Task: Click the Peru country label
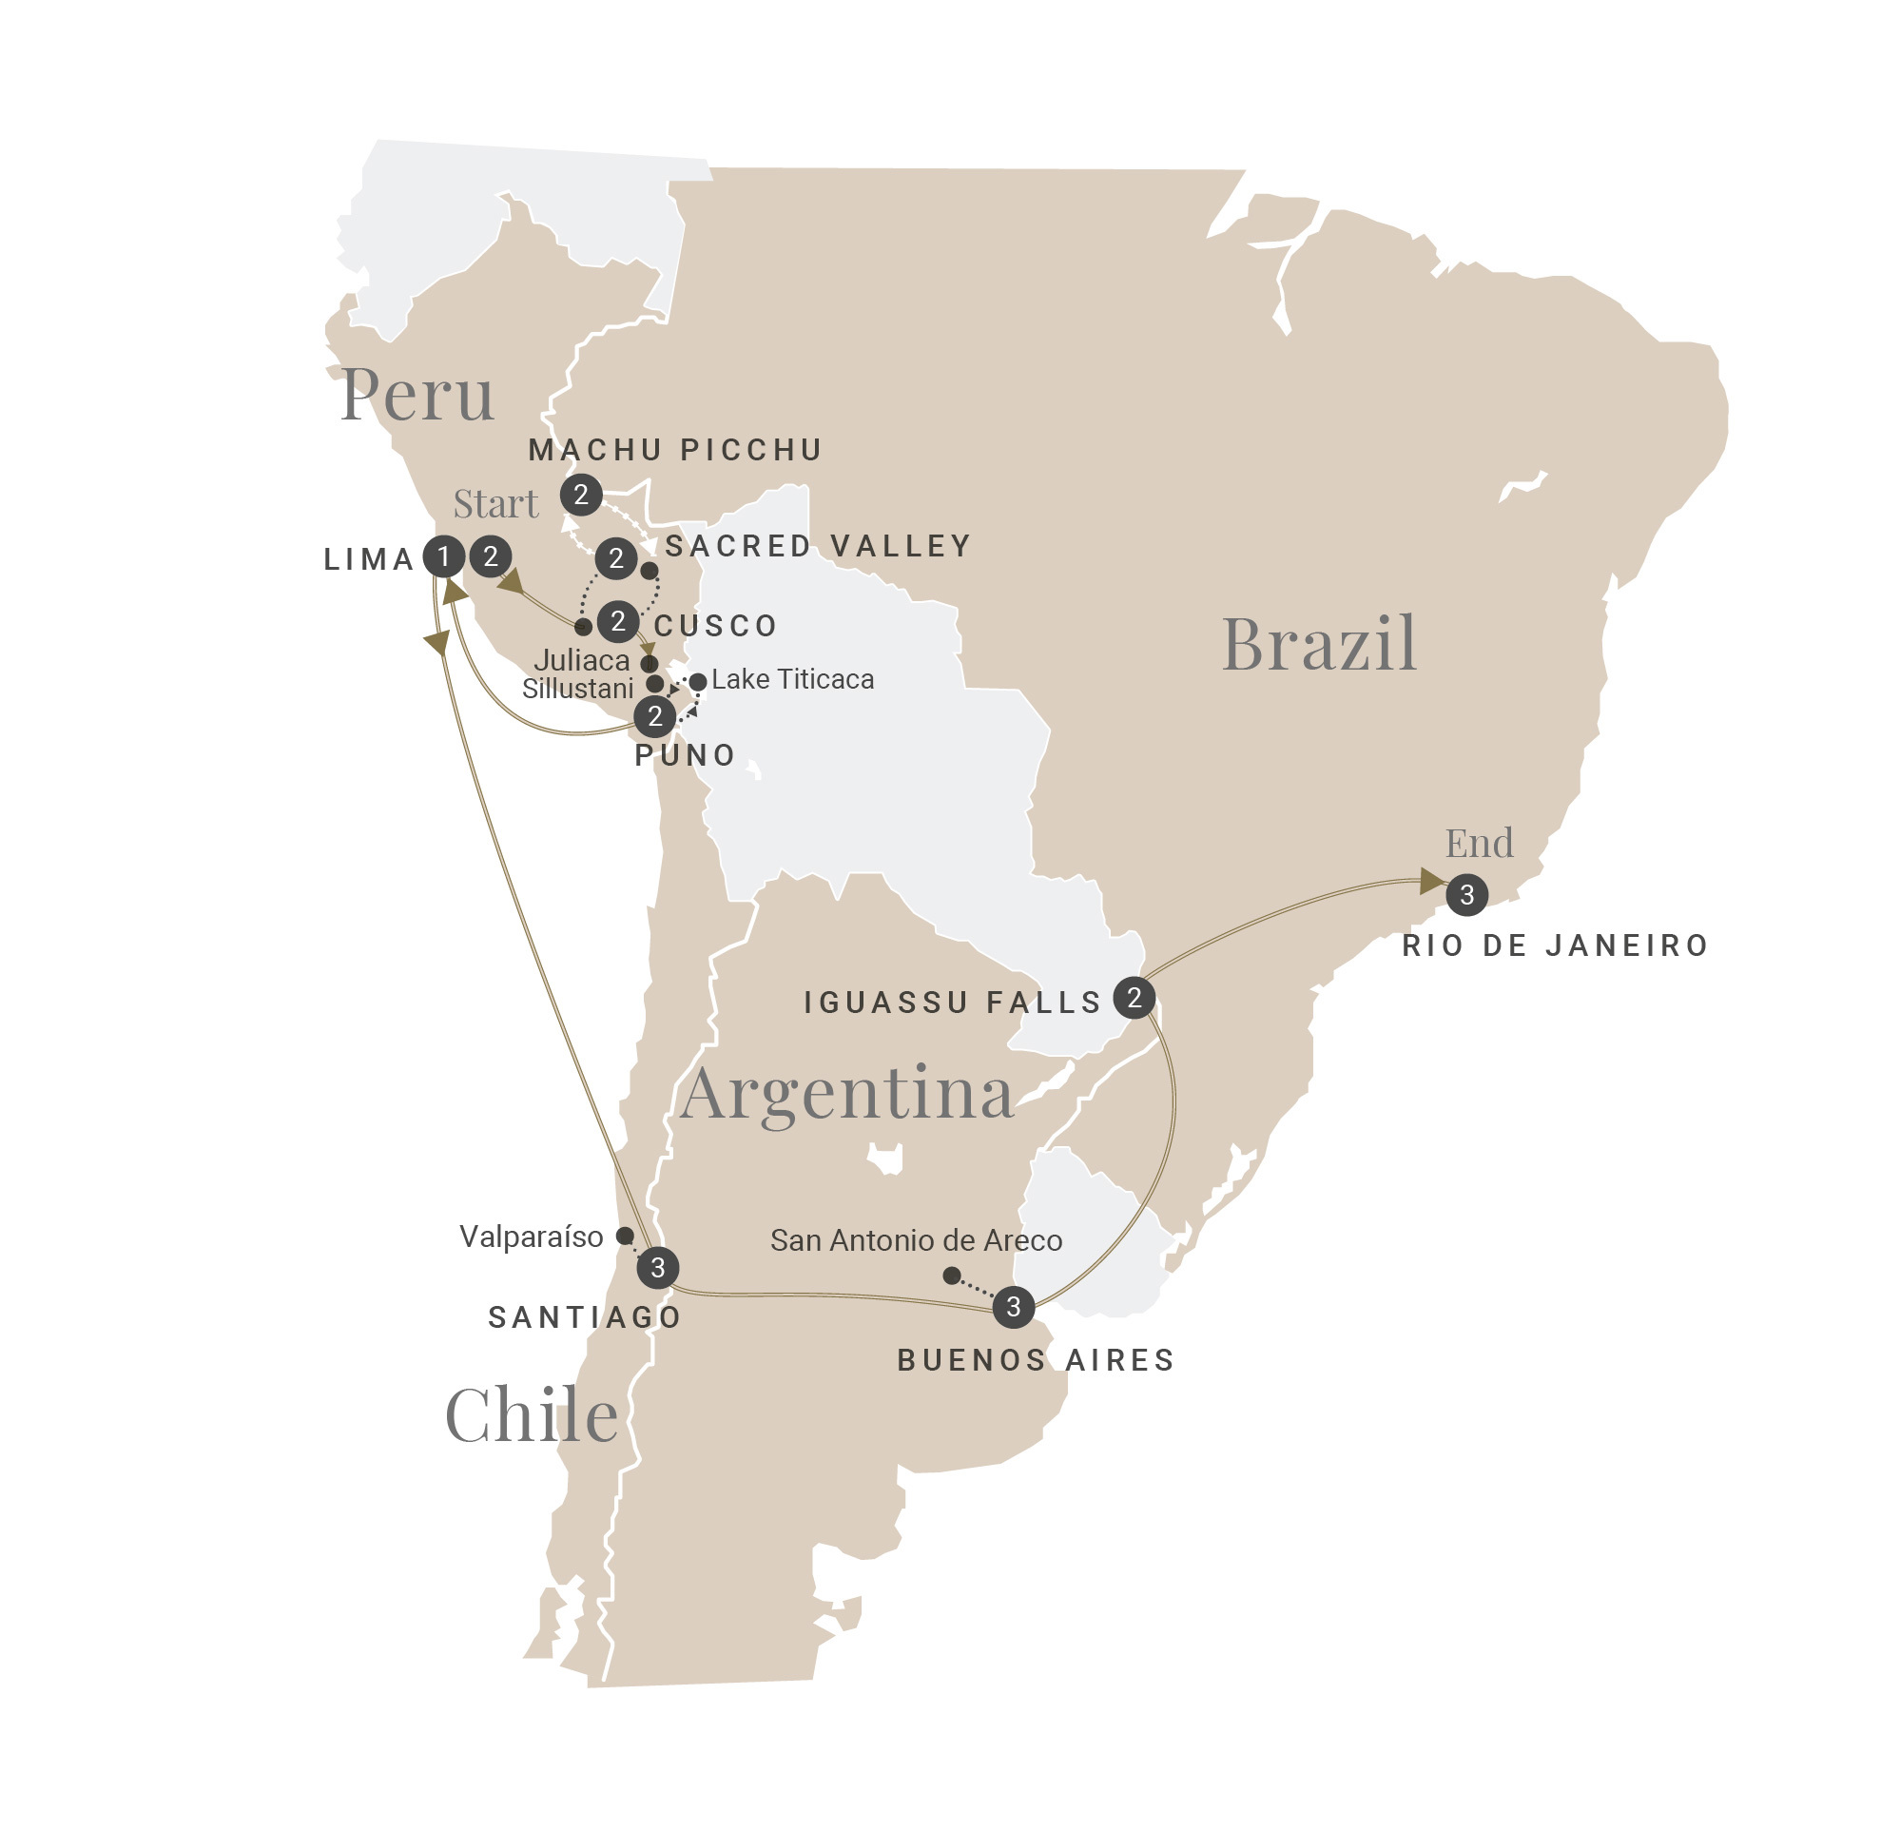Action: pos(417,395)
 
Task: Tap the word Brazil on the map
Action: pos(1318,643)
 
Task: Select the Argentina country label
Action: pos(846,1094)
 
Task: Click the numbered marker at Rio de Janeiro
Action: pos(1466,895)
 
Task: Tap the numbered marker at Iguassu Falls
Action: pos(1134,998)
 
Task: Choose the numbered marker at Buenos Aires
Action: pos(1013,1307)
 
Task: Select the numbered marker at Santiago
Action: pos(658,1268)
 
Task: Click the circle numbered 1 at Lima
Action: pos(443,555)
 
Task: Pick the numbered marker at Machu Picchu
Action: pos(581,496)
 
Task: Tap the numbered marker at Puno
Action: pos(655,716)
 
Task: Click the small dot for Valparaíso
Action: pos(625,1236)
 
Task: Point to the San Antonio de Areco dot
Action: pos(951,1276)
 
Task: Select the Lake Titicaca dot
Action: pos(698,682)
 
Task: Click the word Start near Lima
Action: pos(495,504)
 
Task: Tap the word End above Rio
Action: pos(1479,844)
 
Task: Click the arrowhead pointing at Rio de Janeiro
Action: pos(1432,881)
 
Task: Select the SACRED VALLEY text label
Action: pos(818,546)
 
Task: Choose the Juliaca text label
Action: pos(582,661)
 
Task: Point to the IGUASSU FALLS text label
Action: pos(952,1003)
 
